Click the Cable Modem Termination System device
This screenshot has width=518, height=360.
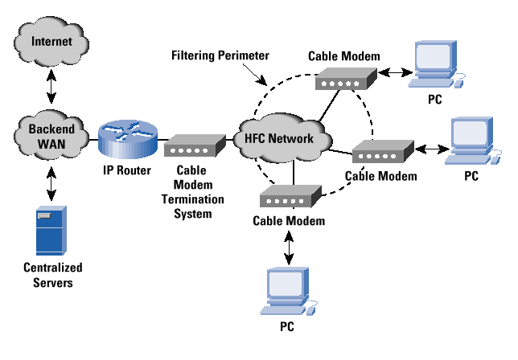(x=193, y=145)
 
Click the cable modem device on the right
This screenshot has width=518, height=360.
(x=382, y=150)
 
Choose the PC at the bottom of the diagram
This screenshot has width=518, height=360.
(x=287, y=292)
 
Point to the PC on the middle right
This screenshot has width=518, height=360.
(x=473, y=141)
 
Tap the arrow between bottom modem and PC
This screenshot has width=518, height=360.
(x=289, y=244)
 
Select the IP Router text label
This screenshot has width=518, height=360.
(x=124, y=171)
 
